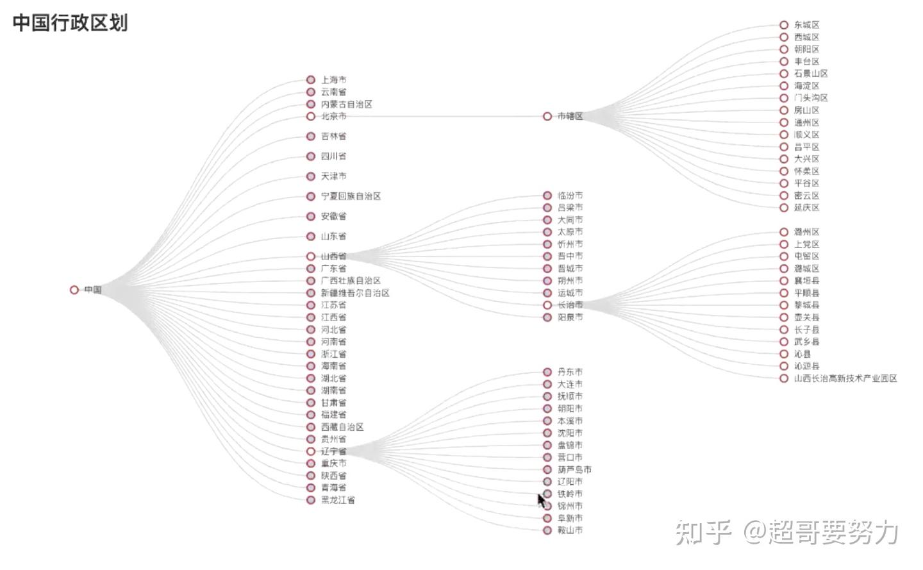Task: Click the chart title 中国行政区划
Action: point(70,23)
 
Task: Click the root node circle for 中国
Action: point(74,290)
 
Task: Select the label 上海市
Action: point(333,80)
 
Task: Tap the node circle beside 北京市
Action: point(311,117)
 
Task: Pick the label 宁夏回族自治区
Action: point(351,196)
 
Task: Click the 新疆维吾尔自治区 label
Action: point(355,293)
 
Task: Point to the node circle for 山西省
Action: point(311,256)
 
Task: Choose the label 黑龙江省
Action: point(338,500)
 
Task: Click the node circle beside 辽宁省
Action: point(311,451)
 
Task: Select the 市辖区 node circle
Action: point(547,117)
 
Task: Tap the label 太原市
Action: point(570,232)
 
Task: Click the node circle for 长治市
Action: point(547,305)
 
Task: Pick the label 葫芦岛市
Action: point(574,469)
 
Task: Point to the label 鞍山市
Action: point(570,530)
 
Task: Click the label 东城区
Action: point(806,25)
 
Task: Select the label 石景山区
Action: point(811,74)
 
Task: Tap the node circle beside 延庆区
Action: point(784,208)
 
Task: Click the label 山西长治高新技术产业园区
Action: point(845,378)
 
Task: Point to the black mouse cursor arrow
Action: point(542,499)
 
